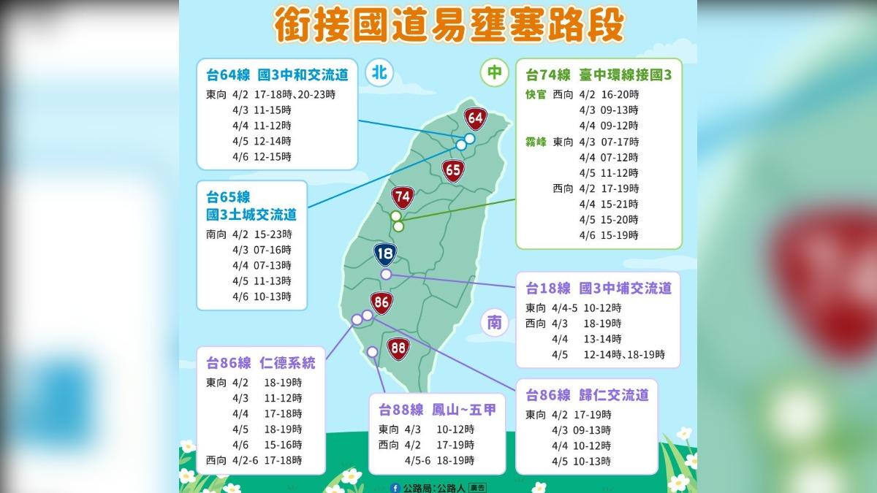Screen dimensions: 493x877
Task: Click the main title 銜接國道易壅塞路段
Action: point(438,26)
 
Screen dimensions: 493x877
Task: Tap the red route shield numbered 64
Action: point(475,118)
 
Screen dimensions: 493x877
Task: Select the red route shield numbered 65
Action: point(453,171)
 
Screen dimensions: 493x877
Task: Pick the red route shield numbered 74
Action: point(402,197)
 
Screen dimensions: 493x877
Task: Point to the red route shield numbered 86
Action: point(381,302)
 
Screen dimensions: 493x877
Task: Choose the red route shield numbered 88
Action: point(398,348)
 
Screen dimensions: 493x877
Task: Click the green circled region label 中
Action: point(495,72)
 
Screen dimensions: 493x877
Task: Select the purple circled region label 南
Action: point(495,322)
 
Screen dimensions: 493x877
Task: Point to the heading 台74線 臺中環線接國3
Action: point(599,74)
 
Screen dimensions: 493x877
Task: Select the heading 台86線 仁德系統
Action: point(261,362)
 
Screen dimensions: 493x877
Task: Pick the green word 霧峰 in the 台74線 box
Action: point(536,142)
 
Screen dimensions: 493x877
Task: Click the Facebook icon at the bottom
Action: point(395,486)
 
